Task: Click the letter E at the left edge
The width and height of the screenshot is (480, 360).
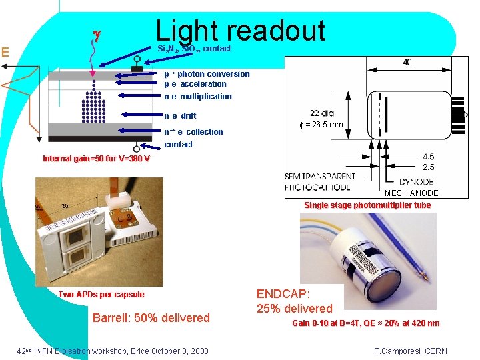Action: tap(5, 51)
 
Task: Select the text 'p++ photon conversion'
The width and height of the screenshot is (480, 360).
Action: tap(207, 74)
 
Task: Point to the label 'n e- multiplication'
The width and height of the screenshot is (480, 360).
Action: tap(198, 97)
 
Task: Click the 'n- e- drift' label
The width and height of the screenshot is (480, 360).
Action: tap(180, 116)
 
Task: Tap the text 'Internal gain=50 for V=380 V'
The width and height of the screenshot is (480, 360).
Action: tap(96, 159)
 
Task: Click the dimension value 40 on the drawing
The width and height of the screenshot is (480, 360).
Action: tap(407, 63)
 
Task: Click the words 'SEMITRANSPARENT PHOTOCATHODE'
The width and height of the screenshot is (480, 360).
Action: tap(320, 182)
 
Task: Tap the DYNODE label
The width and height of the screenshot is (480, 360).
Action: tap(416, 181)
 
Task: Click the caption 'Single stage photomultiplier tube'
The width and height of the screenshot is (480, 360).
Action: tap(367, 205)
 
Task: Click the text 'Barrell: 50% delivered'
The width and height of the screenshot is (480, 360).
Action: tap(151, 318)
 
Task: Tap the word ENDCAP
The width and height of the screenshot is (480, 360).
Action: tap(283, 293)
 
